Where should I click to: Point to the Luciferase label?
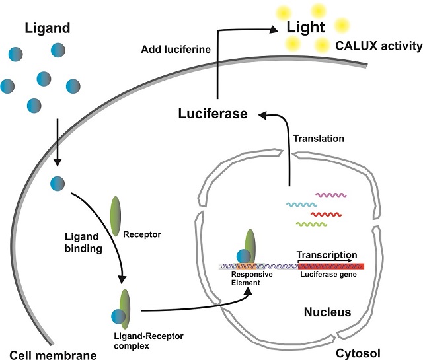(x=212, y=114)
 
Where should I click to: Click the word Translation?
(x=320, y=139)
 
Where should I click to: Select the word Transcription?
(x=327, y=255)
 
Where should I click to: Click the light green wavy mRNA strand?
(x=312, y=225)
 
